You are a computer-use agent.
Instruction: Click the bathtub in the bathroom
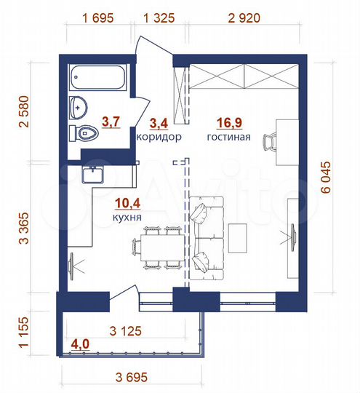coord(98,79)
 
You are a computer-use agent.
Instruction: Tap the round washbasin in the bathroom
coord(78,108)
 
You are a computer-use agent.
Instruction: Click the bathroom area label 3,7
coord(111,122)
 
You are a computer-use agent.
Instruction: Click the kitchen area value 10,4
coord(127,203)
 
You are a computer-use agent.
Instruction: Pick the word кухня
coord(127,217)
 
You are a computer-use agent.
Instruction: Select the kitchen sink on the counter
coord(93,175)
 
